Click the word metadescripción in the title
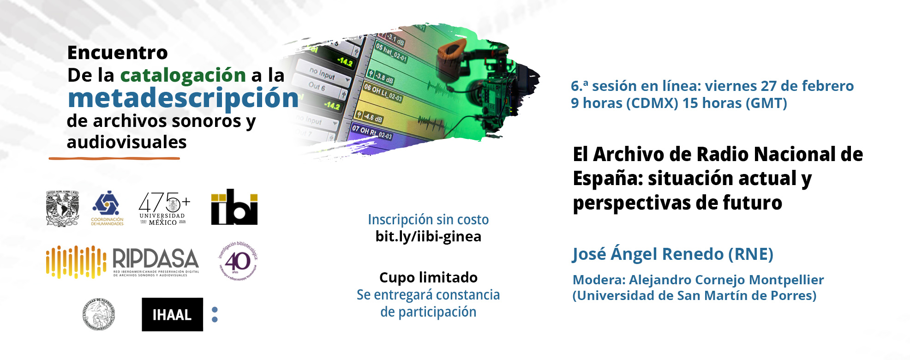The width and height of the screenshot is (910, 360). pos(183,98)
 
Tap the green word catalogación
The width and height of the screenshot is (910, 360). pos(183,75)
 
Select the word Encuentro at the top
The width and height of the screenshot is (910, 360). pos(117,53)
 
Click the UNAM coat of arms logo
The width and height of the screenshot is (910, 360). pos(62,208)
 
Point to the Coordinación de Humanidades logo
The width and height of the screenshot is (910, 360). pos(107,208)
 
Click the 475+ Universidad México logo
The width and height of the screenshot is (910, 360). pos(164,208)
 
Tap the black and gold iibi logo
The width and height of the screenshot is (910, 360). pos(234,207)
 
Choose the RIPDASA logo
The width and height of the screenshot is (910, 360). pos(123,262)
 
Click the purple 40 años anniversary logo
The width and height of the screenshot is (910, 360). pos(238,261)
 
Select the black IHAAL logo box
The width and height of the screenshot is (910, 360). pos(172,314)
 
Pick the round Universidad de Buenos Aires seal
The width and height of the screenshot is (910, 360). pos(98,314)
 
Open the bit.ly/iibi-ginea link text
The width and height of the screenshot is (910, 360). pos(428,237)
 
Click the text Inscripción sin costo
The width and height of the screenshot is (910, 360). pos(428,220)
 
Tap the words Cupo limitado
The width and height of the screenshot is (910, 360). pos(428,277)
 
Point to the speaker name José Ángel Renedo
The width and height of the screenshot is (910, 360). pos(649,254)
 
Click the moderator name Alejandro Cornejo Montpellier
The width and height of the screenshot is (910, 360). pos(726,280)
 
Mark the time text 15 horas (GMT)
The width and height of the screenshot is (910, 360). pos(735,103)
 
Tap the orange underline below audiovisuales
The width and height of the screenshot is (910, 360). pos(114,158)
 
